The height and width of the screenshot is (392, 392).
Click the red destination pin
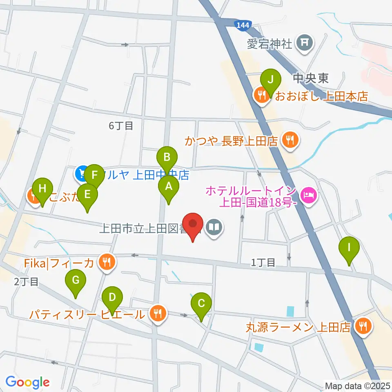[x=193, y=226]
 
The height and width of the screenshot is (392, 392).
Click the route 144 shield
[x=242, y=25]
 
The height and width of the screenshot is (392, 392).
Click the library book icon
[x=215, y=227]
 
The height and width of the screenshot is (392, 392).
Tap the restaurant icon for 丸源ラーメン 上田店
[x=362, y=326]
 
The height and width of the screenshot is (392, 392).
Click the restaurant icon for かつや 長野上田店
[x=290, y=141]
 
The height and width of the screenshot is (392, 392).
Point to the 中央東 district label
[x=310, y=78]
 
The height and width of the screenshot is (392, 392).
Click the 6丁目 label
[x=121, y=126]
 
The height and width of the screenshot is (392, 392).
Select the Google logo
[x=27, y=382]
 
